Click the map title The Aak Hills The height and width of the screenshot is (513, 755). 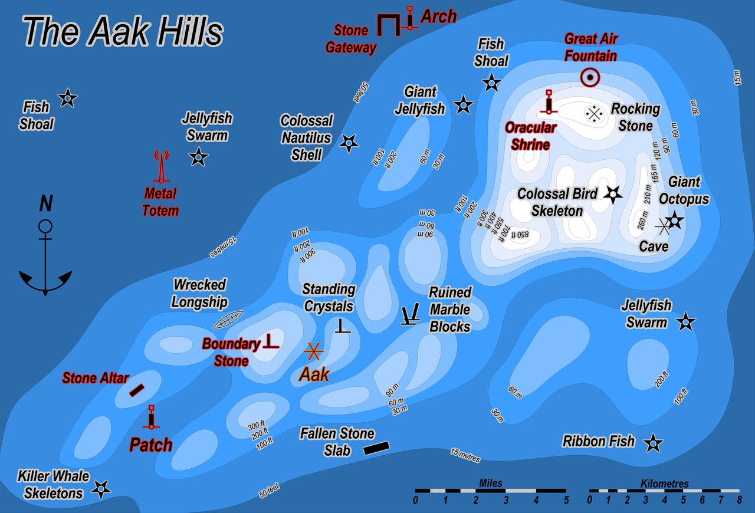click(123, 31)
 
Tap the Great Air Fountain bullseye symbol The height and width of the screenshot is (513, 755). click(590, 77)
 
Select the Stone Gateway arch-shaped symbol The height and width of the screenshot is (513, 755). click(388, 25)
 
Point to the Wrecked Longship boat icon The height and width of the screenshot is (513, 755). click(228, 319)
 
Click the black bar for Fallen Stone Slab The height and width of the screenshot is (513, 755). click(376, 448)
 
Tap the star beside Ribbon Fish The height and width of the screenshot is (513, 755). click(652, 443)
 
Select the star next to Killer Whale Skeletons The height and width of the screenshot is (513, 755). click(101, 488)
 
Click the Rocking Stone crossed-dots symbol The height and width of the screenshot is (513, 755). click(594, 113)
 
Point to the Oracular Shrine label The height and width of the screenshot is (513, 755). click(530, 136)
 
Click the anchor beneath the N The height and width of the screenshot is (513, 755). click(45, 259)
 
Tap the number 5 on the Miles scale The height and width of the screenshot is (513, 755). click(566, 501)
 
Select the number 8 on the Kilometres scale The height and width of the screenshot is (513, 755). click(739, 501)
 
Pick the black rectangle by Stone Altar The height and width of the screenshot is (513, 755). click(137, 390)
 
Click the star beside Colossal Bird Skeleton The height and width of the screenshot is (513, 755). click(613, 194)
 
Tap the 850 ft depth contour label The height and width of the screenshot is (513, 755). click(521, 235)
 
